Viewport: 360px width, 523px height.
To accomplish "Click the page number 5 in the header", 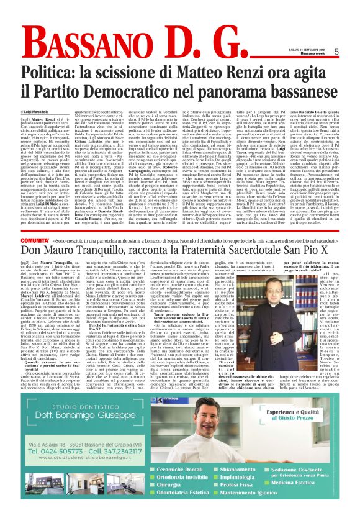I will point(352,52).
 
